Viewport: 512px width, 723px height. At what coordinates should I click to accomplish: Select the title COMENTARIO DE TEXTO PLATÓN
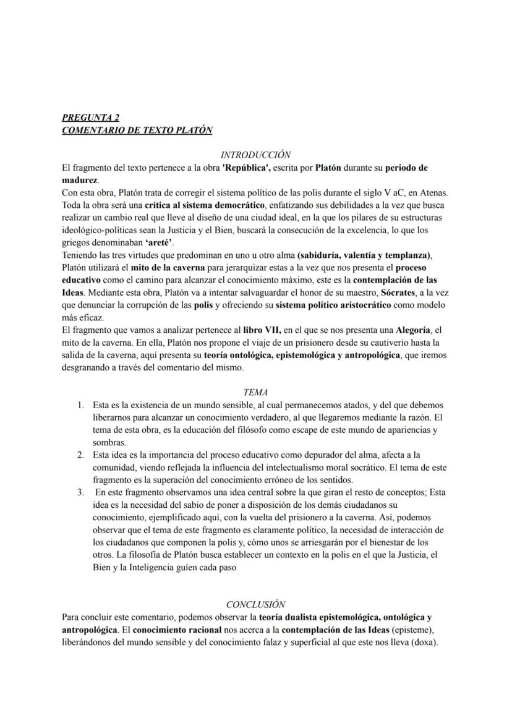137,130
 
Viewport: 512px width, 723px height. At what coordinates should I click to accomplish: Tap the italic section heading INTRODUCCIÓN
255,155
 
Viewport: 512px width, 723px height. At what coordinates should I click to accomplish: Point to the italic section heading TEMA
255,392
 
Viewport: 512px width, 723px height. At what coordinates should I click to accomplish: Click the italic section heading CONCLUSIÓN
255,604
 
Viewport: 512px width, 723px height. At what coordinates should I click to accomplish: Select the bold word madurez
80,179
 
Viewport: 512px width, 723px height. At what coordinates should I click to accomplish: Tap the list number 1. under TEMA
81,405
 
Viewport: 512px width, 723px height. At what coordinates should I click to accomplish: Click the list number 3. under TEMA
81,492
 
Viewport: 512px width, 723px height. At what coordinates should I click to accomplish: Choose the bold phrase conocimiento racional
183,630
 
